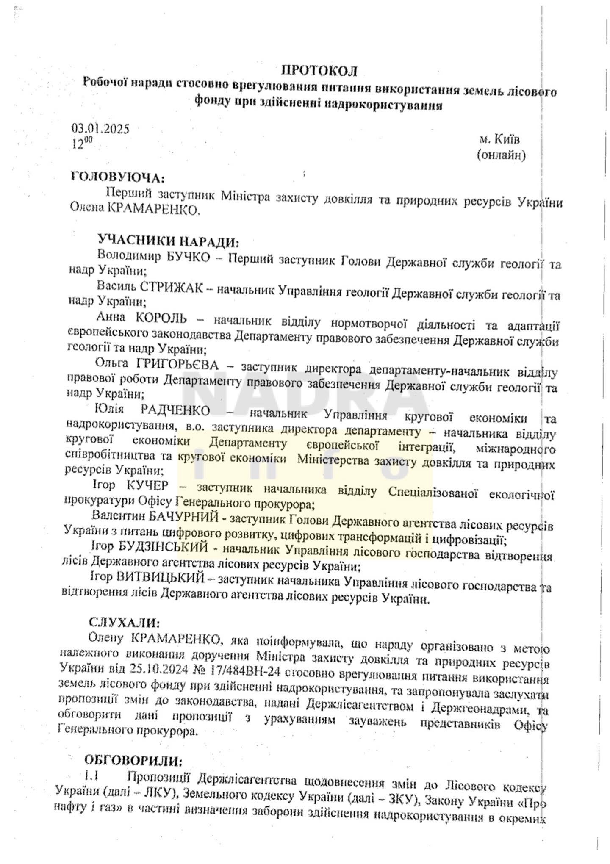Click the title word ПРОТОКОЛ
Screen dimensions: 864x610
tap(320, 70)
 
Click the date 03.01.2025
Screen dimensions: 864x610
tap(100, 128)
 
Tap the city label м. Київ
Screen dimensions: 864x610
tap(500, 139)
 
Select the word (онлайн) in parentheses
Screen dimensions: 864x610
tap(501, 155)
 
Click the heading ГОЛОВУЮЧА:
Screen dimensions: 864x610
tap(118, 177)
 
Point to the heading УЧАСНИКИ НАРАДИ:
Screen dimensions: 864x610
tap(168, 242)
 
